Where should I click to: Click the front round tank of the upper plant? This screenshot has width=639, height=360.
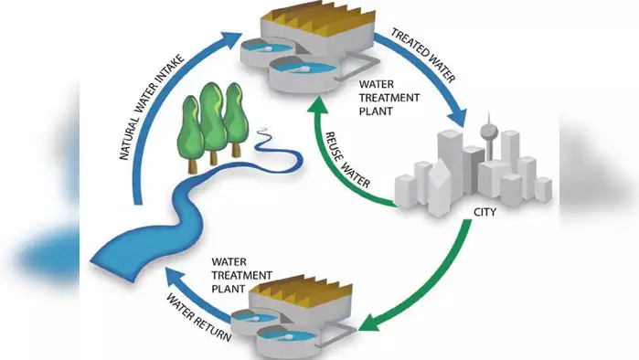click(301, 71)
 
